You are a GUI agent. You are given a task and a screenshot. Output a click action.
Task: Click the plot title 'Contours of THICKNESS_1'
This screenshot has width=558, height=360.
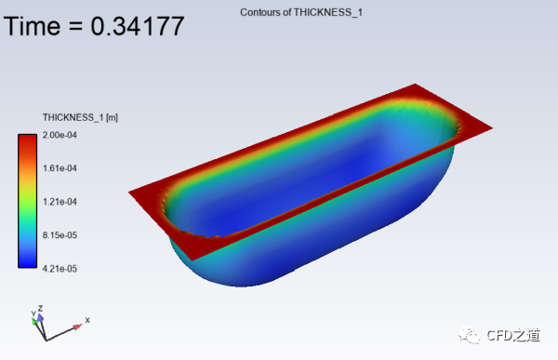click(x=301, y=12)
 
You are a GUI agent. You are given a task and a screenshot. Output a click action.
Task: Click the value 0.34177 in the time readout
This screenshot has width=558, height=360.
click(x=138, y=26)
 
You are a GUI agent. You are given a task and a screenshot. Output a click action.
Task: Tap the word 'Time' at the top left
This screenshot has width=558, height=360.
click(x=32, y=26)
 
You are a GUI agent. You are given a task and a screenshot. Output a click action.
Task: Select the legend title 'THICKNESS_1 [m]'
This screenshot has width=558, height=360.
click(x=80, y=117)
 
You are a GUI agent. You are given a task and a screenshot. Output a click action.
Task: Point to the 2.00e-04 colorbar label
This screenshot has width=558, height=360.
click(x=60, y=135)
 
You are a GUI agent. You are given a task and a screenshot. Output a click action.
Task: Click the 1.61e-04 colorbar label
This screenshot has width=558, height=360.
click(x=60, y=168)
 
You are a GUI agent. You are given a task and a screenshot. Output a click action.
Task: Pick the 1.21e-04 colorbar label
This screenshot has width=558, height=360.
click(x=60, y=202)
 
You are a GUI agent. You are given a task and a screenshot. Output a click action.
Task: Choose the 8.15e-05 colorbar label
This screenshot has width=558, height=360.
click(x=60, y=235)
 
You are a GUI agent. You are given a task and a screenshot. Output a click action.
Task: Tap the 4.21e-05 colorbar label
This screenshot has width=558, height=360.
click(x=60, y=269)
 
